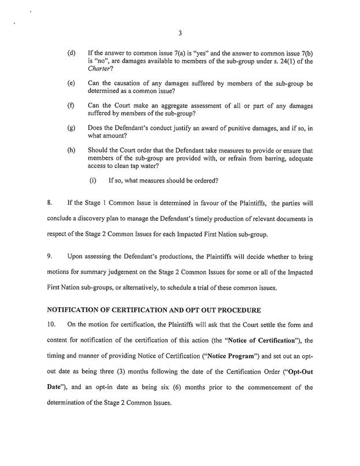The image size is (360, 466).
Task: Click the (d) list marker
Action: pyautogui.click(x=72, y=53)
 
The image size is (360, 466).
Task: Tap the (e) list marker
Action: pyautogui.click(x=72, y=84)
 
